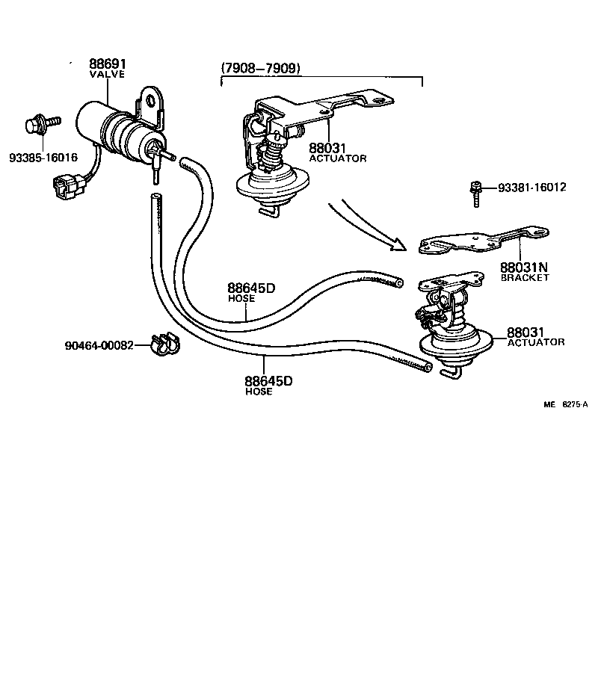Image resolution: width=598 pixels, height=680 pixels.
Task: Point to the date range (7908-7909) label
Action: pos(261,68)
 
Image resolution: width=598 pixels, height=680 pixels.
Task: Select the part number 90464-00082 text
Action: pos(99,345)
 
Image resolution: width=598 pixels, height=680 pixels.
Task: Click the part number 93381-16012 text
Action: pos(531,187)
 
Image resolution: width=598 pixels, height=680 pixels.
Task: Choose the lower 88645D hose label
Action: pos(268,381)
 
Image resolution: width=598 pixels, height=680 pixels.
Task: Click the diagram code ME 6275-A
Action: pos(564,404)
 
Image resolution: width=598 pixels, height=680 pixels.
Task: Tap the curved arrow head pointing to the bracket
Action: pos(396,244)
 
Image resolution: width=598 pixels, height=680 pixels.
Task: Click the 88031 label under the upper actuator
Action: pos(327,149)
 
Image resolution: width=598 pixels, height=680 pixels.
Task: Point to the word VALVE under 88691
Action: pos(107,75)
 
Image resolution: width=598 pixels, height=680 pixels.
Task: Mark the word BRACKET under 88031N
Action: pos(524,277)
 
